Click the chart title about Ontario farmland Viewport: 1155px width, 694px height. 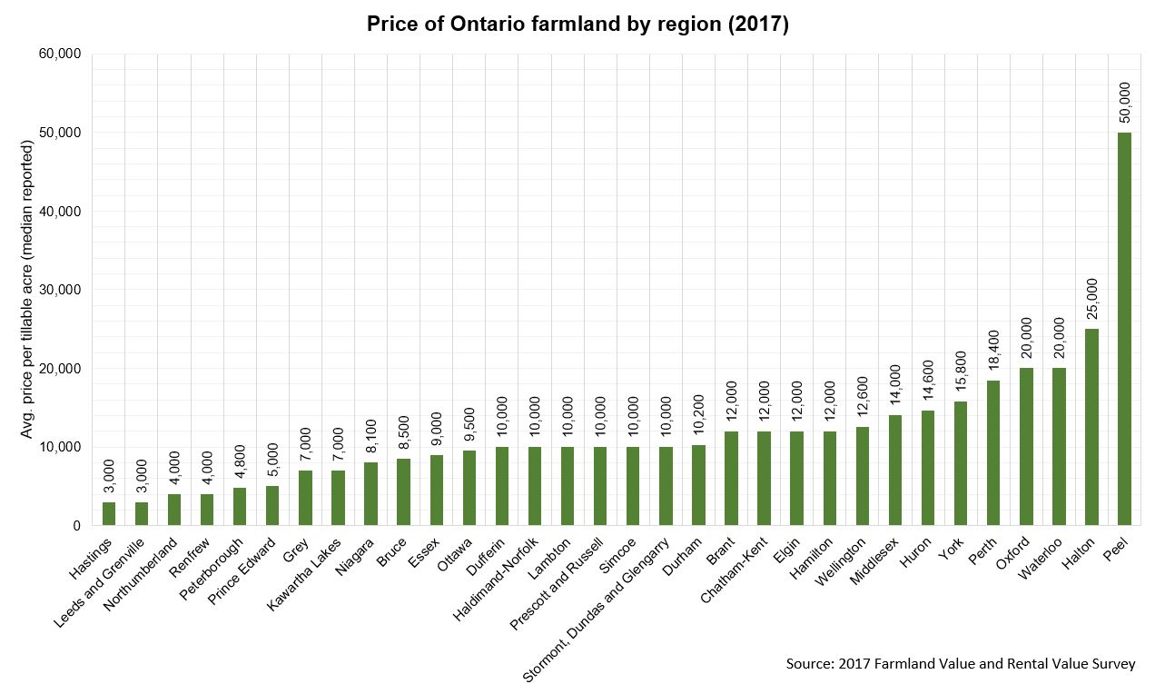click(x=577, y=25)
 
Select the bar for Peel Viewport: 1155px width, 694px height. click(x=1124, y=329)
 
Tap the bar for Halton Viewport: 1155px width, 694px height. click(x=1091, y=427)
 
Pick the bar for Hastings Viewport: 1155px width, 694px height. click(x=109, y=514)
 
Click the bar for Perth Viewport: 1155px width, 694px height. click(x=993, y=453)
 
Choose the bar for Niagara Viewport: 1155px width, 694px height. click(x=370, y=494)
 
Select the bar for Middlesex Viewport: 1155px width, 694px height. click(x=895, y=471)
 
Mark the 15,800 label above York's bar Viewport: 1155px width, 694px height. click(x=961, y=373)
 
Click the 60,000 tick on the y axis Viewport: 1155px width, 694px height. click(x=62, y=55)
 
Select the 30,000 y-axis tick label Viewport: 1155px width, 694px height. click(x=62, y=290)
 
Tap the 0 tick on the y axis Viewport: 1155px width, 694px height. click(x=76, y=526)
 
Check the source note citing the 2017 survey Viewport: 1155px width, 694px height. click(x=960, y=664)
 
